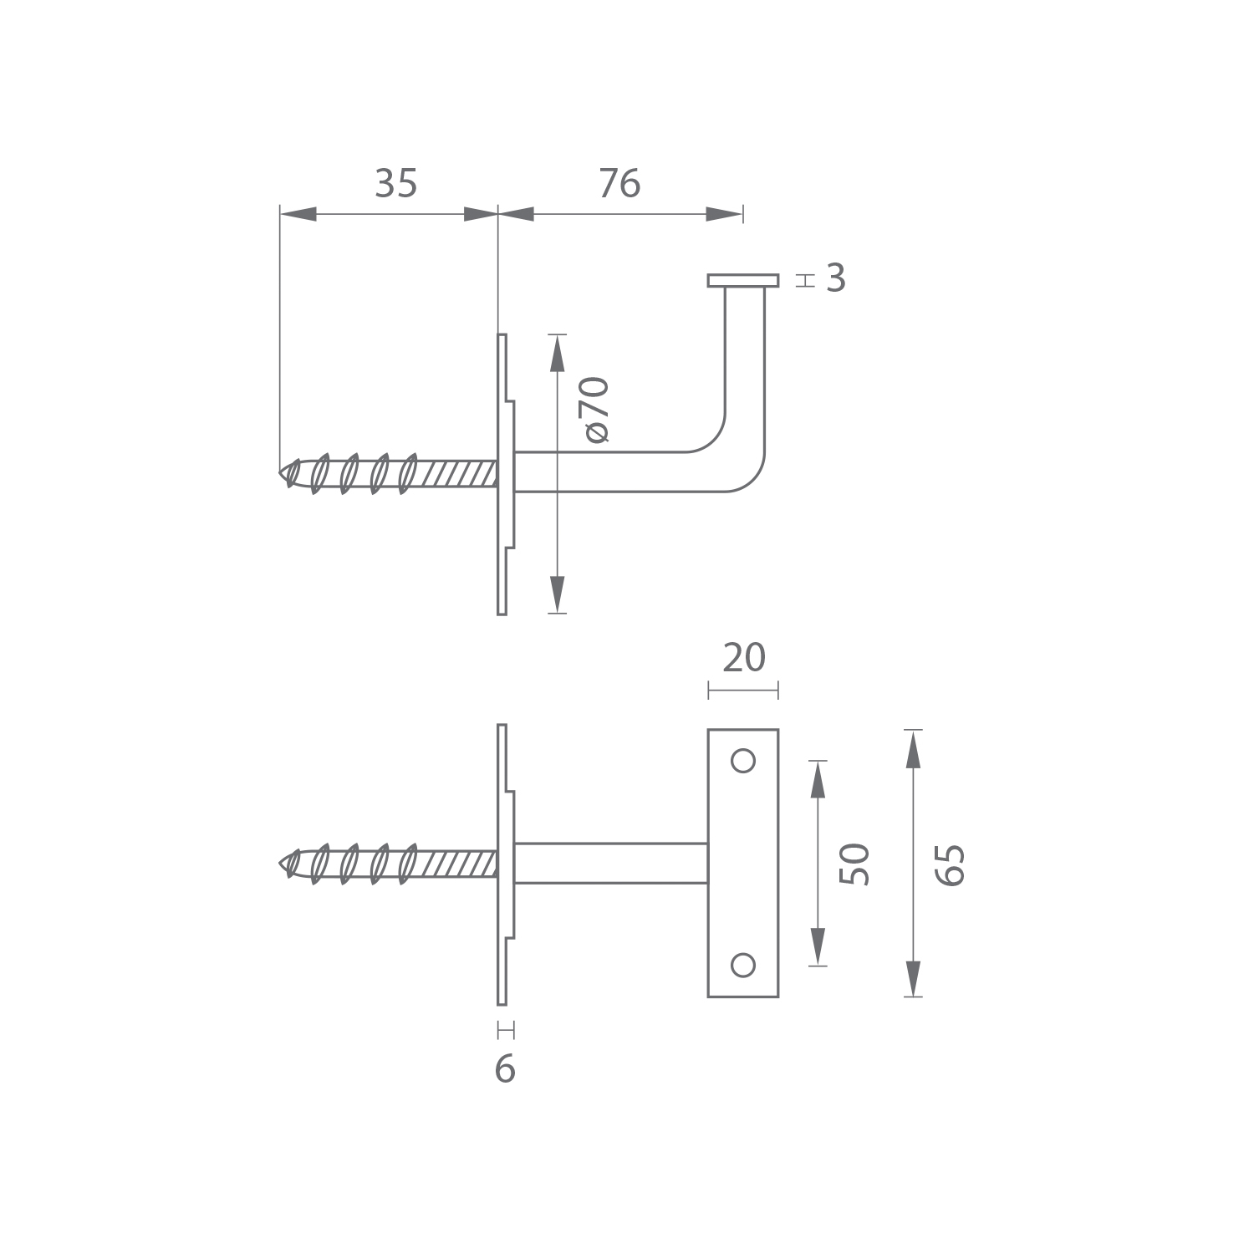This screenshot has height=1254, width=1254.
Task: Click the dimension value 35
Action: pyautogui.click(x=395, y=184)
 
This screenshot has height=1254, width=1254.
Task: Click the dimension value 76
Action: pyautogui.click(x=619, y=184)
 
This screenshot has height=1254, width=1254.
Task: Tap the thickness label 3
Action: pyautogui.click(x=836, y=279)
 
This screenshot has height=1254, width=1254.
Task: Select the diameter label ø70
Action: pyautogui.click(x=597, y=409)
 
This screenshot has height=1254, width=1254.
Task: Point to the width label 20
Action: pyautogui.click(x=743, y=658)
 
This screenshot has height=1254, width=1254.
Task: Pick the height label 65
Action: pyautogui.click(x=951, y=864)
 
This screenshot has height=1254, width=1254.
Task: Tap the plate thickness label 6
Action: pyautogui.click(x=505, y=1069)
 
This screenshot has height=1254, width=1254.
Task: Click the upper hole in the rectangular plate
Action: pyautogui.click(x=743, y=761)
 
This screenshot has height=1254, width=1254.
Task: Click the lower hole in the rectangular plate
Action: pyautogui.click(x=743, y=966)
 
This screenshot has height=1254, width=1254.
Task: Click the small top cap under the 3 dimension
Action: pyautogui.click(x=743, y=280)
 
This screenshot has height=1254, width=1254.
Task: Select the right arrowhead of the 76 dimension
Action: pyautogui.click(x=724, y=214)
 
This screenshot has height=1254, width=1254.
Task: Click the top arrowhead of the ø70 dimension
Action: pyautogui.click(x=558, y=351)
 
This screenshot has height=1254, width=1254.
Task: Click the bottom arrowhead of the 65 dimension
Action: pyautogui.click(x=913, y=979)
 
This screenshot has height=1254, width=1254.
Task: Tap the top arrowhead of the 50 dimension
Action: pyautogui.click(x=818, y=778)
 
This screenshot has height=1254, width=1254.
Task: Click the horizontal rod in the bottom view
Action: pyautogui.click(x=610, y=864)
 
